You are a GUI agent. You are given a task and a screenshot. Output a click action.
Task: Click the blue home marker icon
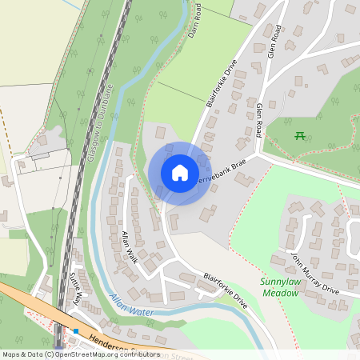pos(180,173)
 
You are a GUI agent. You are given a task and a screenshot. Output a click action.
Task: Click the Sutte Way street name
pos(76,289)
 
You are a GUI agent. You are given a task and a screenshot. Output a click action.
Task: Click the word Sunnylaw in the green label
pos(279,282)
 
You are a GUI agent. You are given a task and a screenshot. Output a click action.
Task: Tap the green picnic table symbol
pos(300,135)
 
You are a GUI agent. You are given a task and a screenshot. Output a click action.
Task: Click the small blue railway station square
pos(76,330)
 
